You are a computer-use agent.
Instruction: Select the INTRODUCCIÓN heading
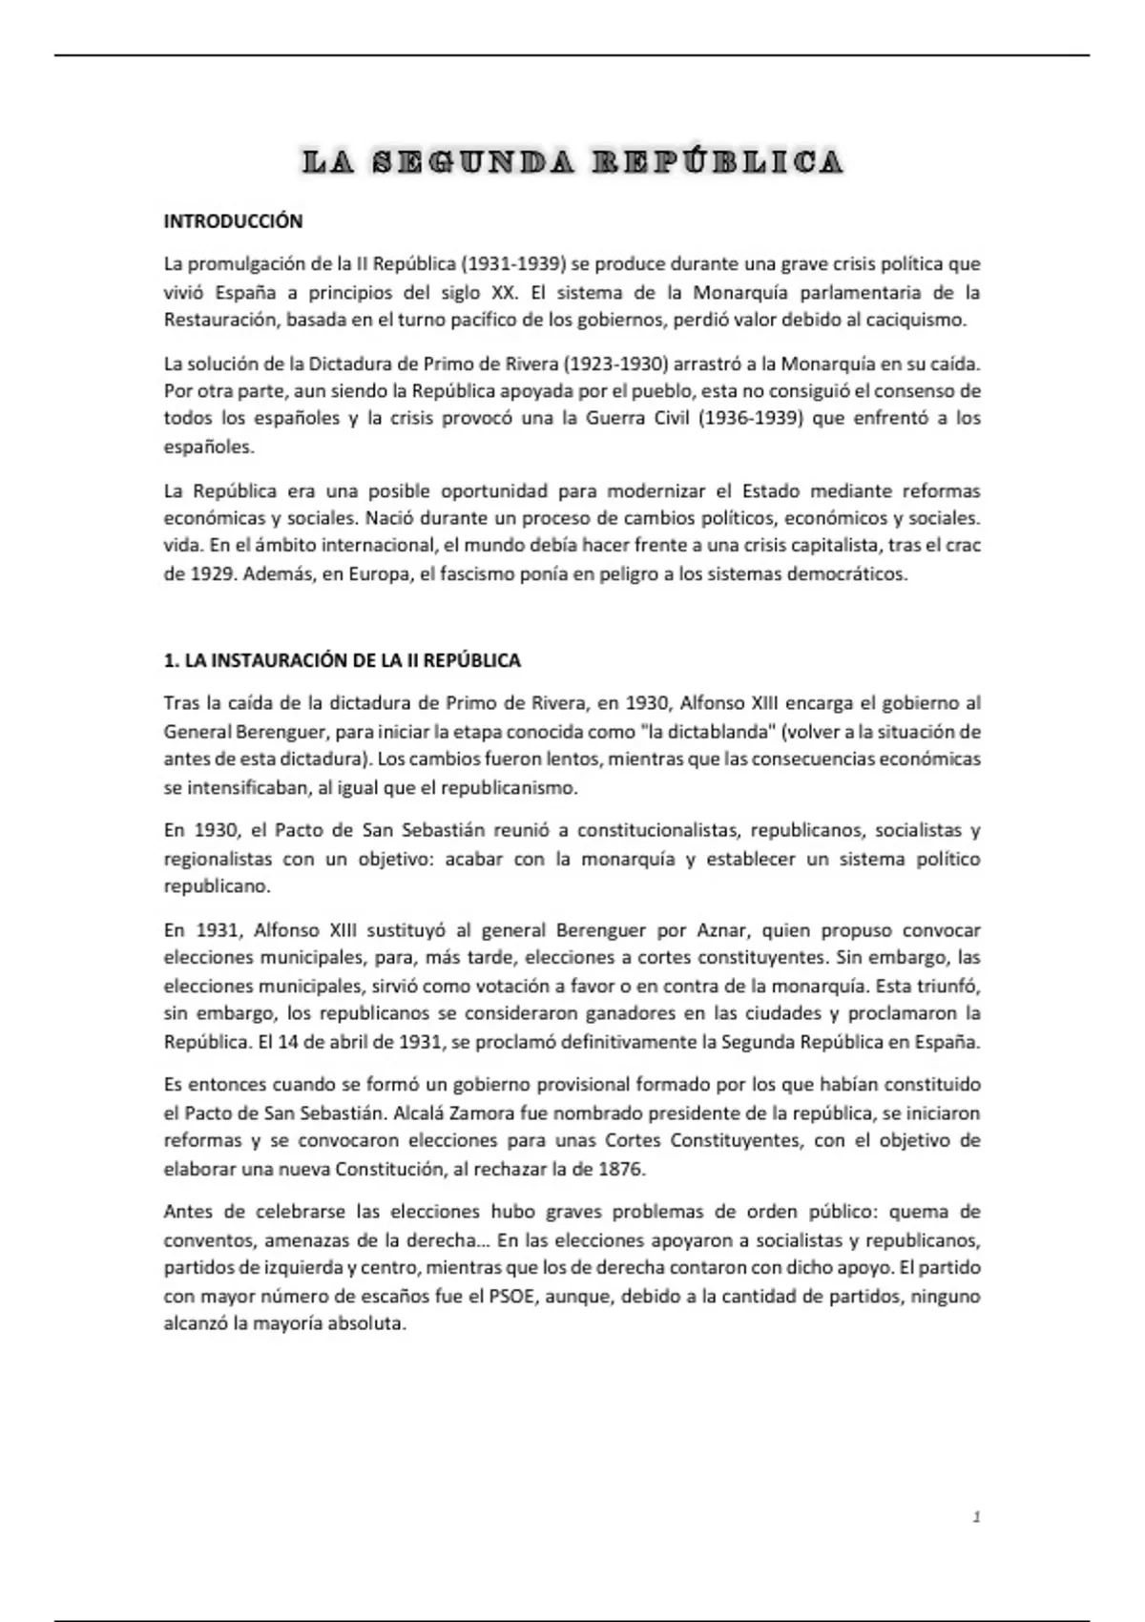233,221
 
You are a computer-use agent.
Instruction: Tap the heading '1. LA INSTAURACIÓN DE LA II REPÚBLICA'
343,660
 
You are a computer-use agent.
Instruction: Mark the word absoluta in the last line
366,1324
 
